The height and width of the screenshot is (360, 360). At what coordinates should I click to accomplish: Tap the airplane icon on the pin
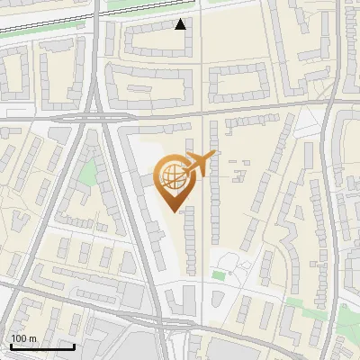point(199,164)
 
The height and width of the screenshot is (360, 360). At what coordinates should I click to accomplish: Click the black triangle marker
point(181,24)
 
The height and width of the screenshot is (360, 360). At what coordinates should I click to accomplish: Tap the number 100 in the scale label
point(19,338)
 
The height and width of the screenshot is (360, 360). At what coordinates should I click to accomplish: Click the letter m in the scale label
point(32,338)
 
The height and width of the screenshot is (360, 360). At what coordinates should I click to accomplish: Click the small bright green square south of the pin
point(218,274)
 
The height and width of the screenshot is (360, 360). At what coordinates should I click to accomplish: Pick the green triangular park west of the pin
point(87,170)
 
